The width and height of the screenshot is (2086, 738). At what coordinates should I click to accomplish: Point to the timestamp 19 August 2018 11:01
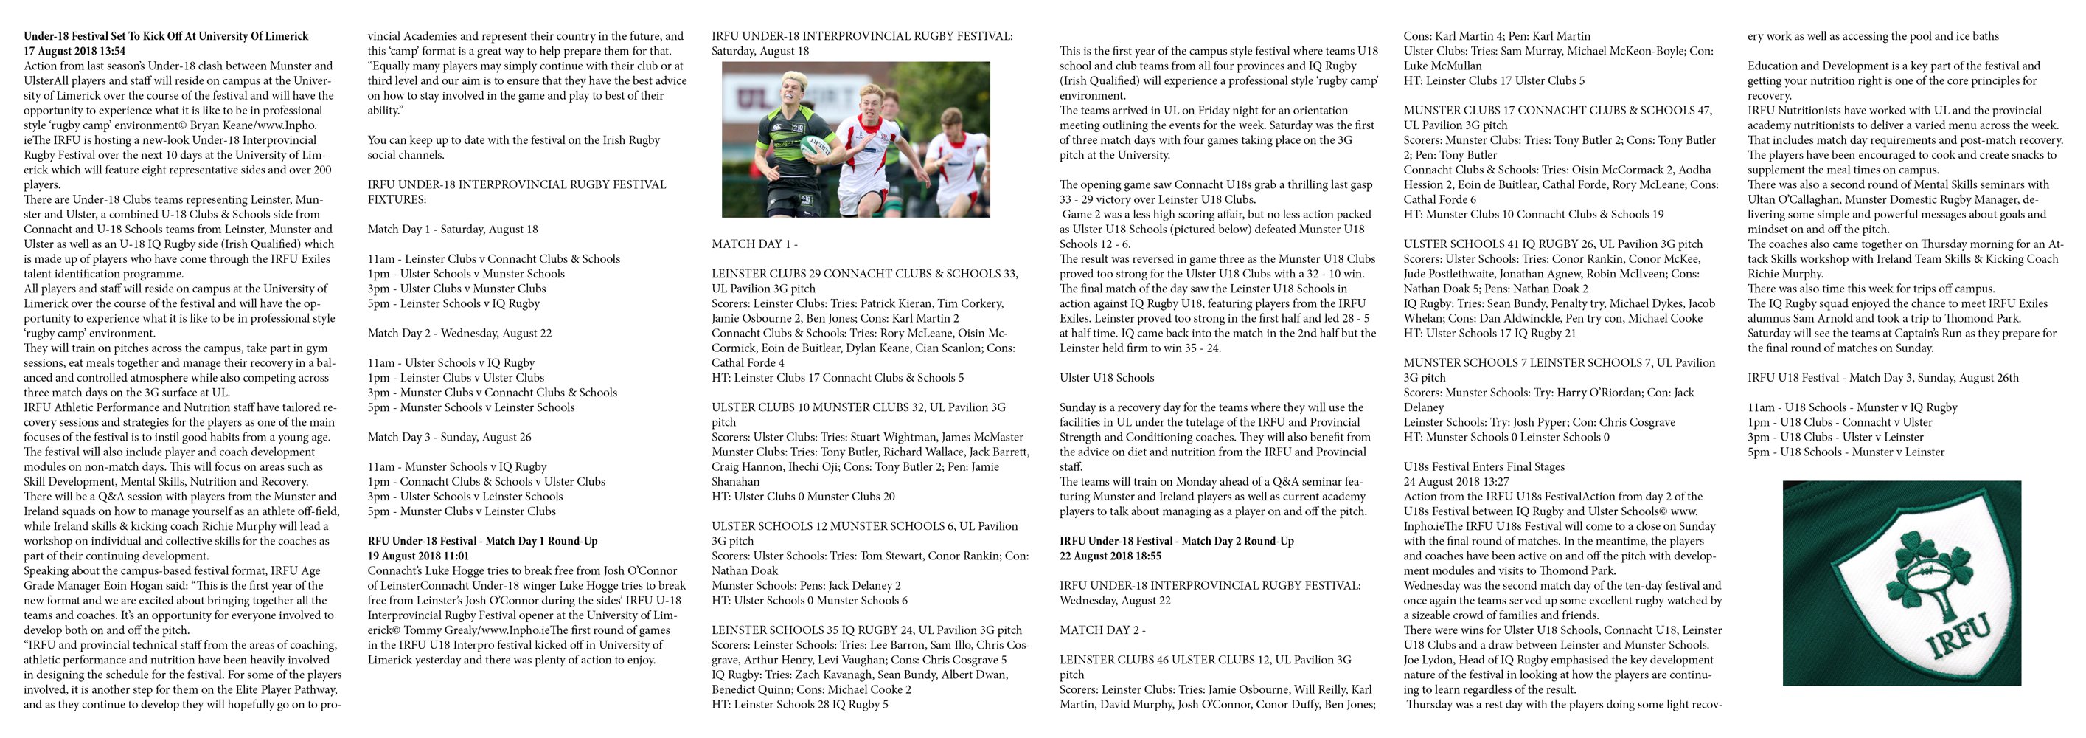(418, 556)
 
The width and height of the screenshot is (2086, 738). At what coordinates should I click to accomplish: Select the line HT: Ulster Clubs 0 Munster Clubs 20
(802, 497)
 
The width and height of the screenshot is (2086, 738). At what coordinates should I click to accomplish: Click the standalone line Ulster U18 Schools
(1106, 378)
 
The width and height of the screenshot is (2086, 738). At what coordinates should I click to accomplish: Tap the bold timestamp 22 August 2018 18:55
(1110, 556)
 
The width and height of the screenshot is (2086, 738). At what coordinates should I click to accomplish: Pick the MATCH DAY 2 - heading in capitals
(1102, 630)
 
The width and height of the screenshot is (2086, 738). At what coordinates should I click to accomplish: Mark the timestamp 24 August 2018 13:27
(1455, 481)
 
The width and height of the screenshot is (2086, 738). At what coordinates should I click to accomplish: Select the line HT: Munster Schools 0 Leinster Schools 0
(1506, 437)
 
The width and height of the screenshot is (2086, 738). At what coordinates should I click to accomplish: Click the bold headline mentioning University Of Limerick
(166, 36)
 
